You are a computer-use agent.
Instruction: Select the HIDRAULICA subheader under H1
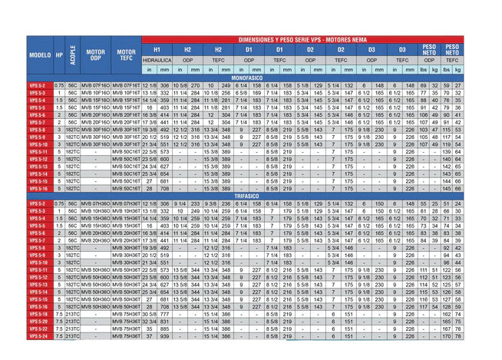click(157, 59)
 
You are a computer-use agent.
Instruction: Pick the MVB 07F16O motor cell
click(94, 84)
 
